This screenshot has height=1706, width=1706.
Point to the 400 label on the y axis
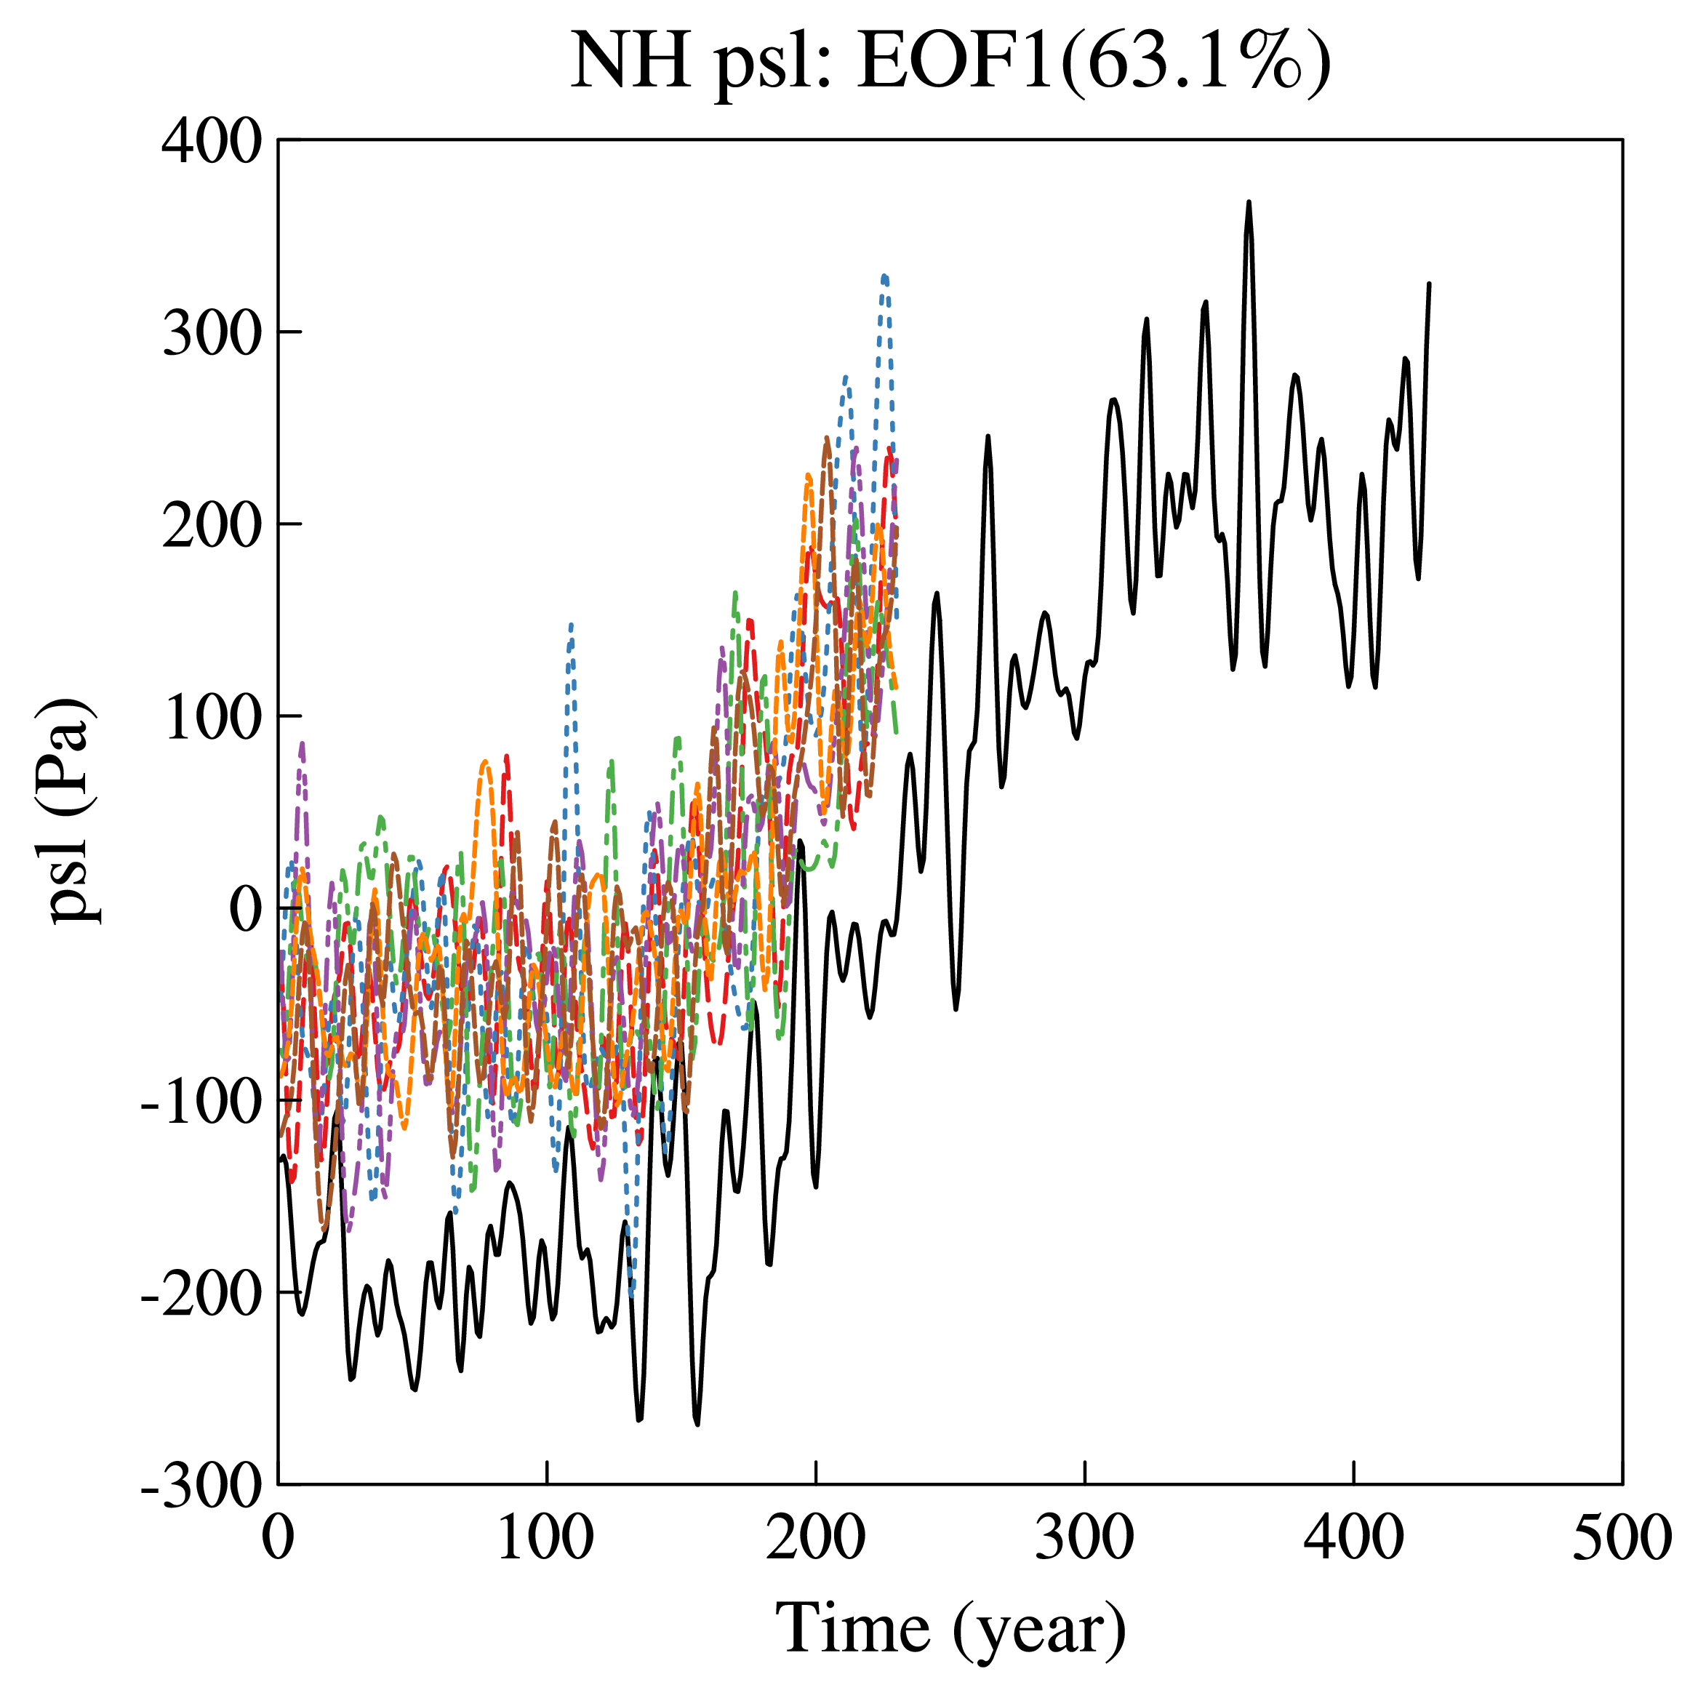point(212,141)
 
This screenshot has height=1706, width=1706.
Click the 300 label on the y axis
point(212,334)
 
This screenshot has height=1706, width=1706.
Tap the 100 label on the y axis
point(212,717)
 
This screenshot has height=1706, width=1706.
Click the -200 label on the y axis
point(201,1294)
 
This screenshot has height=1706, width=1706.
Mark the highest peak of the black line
point(1249,202)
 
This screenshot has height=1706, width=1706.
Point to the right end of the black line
point(1429,284)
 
